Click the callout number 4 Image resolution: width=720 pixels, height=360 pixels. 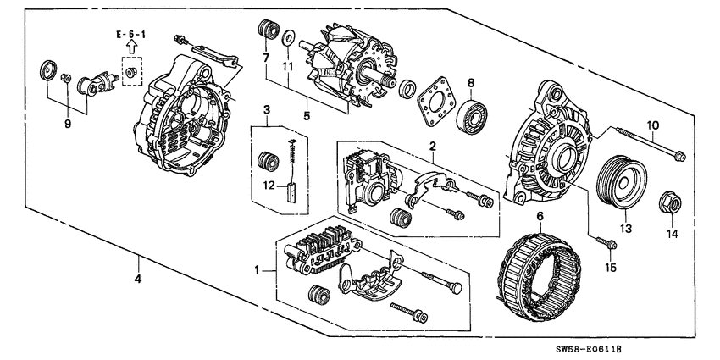pos(138,279)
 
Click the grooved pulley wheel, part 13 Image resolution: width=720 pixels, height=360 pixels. pos(620,181)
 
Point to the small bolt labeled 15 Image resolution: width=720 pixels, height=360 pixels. pos(608,244)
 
